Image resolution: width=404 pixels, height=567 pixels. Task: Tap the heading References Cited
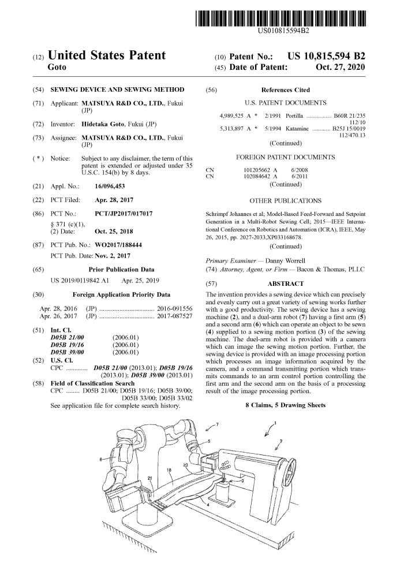[285, 90]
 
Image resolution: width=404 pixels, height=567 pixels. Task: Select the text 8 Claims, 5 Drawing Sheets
[286, 405]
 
